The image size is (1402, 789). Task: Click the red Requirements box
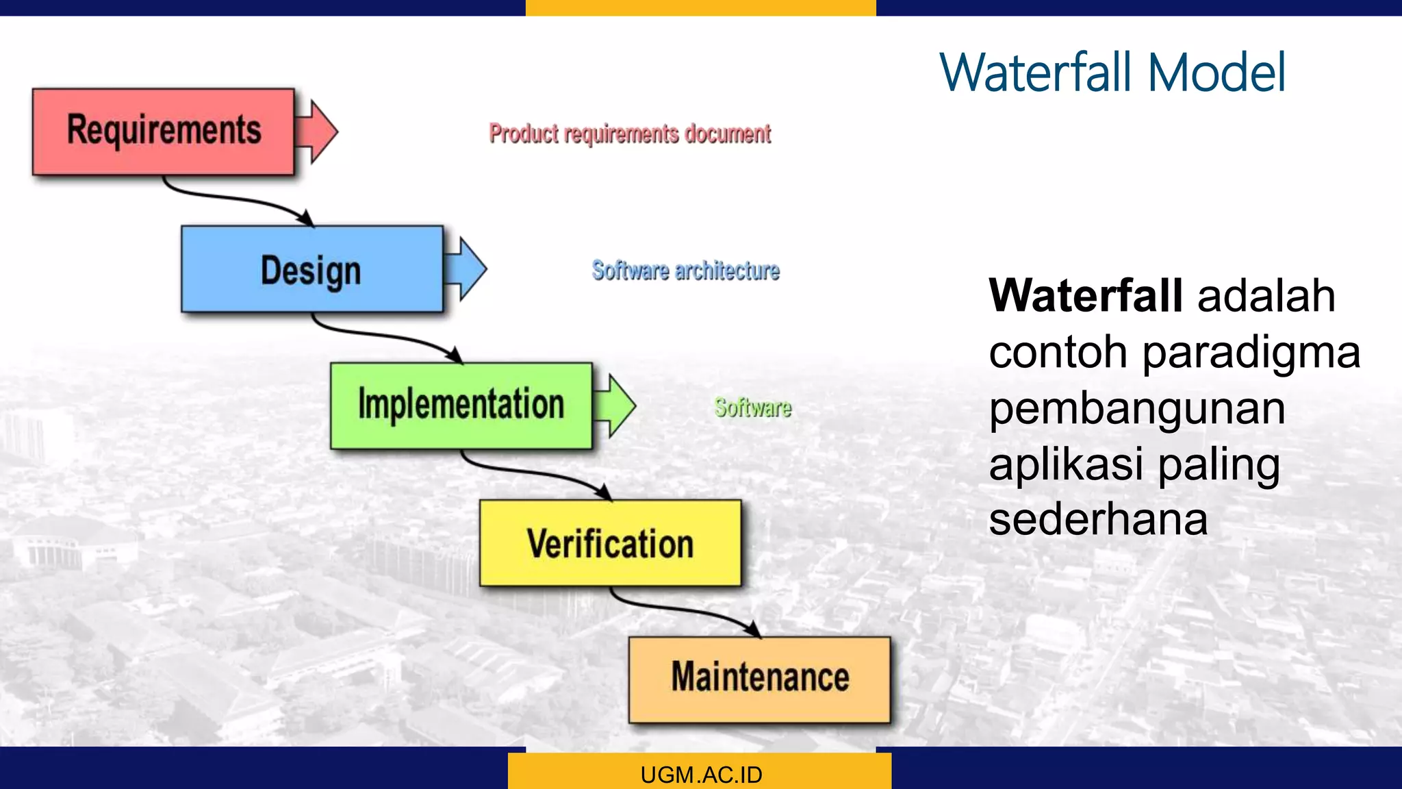[x=163, y=131]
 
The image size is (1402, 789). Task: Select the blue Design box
[x=311, y=269]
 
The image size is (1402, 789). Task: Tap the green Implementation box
[x=461, y=405]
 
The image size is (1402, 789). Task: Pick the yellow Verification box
[x=610, y=543]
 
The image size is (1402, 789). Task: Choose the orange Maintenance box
[x=759, y=679]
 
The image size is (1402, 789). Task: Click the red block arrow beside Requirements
[x=317, y=131]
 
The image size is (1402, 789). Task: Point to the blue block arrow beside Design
[x=466, y=268]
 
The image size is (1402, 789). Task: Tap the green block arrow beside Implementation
[x=615, y=405]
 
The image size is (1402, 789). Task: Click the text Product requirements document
[x=630, y=134]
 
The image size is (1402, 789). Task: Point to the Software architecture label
[x=685, y=271]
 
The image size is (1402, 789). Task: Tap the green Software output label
[x=752, y=408]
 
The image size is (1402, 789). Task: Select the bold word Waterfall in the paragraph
[x=1086, y=296]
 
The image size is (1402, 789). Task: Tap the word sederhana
[x=1098, y=519]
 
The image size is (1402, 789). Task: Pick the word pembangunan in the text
[x=1137, y=408]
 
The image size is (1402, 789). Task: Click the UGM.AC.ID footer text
[x=701, y=775]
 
